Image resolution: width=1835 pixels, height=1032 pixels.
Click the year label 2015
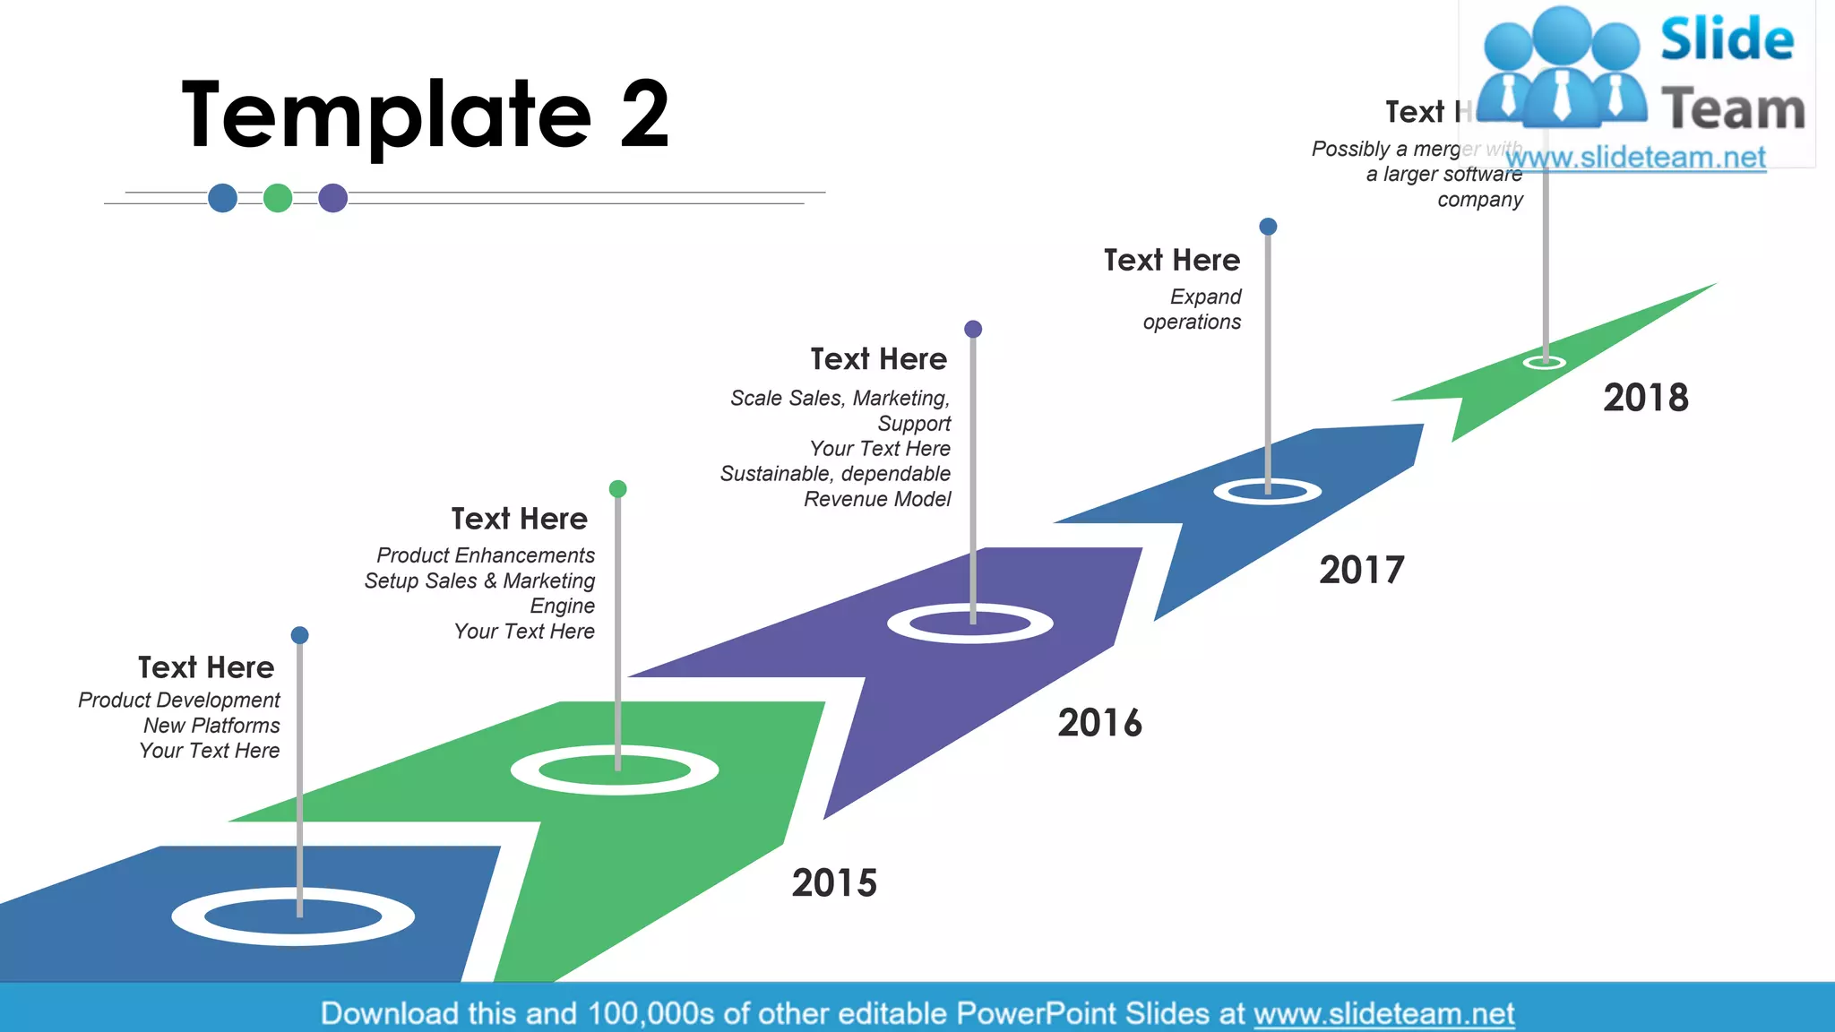click(x=834, y=883)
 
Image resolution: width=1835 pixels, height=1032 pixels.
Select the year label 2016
click(x=1099, y=723)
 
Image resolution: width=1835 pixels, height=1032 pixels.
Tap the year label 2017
click(x=1361, y=570)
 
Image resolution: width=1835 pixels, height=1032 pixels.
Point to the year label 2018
click(x=1645, y=398)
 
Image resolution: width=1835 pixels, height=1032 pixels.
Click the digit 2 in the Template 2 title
click(x=644, y=114)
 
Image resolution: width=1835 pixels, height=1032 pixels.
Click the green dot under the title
click(x=278, y=197)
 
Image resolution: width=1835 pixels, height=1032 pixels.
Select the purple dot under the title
click(x=333, y=197)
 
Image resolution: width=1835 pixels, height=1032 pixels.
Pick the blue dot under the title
click(x=222, y=197)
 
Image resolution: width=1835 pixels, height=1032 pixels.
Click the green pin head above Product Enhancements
click(x=617, y=488)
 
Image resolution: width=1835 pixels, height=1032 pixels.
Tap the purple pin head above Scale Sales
click(x=973, y=329)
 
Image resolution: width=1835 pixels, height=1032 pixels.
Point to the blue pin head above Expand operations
click(x=1268, y=227)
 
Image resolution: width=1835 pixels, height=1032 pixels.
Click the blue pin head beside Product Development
click(x=300, y=635)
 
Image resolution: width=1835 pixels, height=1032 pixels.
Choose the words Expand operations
click(x=1193, y=309)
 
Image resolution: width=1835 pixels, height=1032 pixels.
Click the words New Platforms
click(x=211, y=725)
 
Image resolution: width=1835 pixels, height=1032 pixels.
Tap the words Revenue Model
click(x=877, y=499)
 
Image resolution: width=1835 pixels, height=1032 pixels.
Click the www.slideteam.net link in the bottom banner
click(x=1383, y=1013)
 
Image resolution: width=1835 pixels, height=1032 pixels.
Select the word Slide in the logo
click(x=1727, y=39)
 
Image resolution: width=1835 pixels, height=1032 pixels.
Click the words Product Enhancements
click(x=486, y=555)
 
